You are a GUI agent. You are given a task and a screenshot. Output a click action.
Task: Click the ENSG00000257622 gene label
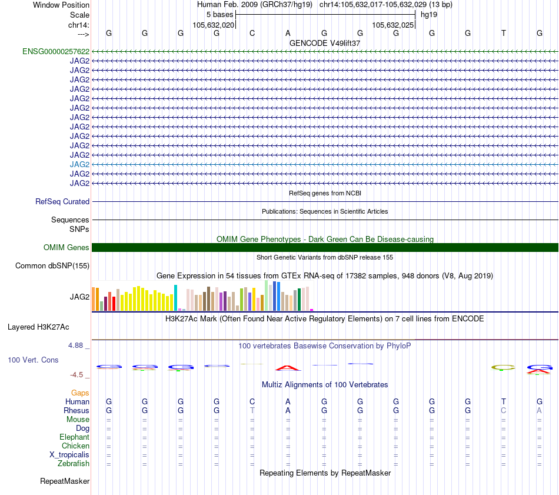click(x=56, y=51)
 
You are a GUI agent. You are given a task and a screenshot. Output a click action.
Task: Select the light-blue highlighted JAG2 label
click(x=79, y=164)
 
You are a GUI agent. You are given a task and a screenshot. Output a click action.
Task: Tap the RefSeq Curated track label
click(x=62, y=201)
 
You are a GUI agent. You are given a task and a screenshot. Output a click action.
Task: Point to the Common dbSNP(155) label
click(x=52, y=265)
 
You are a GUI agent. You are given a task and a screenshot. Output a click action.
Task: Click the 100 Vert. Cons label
click(x=33, y=359)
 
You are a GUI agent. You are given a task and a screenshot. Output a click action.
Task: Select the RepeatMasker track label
click(x=65, y=481)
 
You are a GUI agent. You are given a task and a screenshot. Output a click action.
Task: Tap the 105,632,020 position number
click(x=214, y=25)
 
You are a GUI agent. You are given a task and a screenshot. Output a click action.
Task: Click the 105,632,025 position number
click(x=394, y=25)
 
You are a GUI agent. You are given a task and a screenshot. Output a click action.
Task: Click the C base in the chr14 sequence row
click(x=252, y=33)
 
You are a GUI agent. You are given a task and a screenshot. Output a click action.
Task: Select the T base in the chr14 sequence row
click(x=503, y=33)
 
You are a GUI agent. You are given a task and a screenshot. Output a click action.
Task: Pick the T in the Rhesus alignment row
click(x=252, y=410)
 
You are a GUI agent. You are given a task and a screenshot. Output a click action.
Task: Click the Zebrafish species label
click(x=74, y=463)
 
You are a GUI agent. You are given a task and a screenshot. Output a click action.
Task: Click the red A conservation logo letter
click(x=288, y=368)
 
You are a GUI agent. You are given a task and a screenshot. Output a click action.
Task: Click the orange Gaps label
click(x=80, y=393)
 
